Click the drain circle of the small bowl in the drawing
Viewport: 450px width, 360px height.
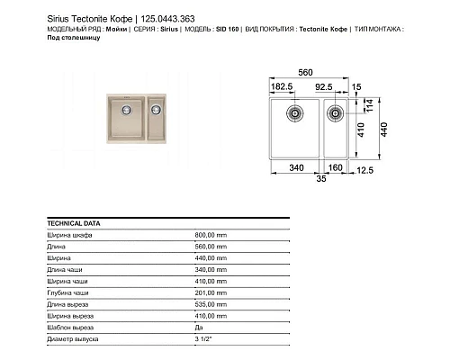pyautogui.click(x=334, y=113)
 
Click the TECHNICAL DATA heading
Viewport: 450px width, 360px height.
pyautogui.click(x=74, y=222)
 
